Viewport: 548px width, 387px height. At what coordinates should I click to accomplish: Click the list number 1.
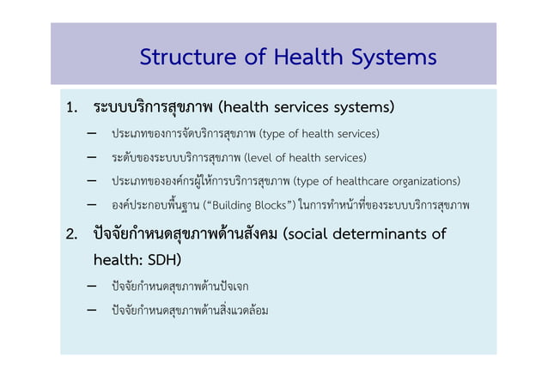pyautogui.click(x=72, y=108)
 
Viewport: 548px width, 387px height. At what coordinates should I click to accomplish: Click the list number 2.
pyautogui.click(x=73, y=234)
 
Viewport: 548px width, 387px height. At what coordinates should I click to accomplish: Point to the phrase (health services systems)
pyautogui.click(x=307, y=108)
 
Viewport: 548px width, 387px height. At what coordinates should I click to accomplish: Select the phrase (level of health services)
pyautogui.click(x=305, y=158)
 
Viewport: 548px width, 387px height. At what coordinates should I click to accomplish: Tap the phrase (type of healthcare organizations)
pyautogui.click(x=376, y=181)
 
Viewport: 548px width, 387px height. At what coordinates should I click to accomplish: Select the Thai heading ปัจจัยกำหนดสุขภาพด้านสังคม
pyautogui.click(x=185, y=234)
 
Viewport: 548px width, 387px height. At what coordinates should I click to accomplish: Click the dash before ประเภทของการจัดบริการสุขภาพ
pyautogui.click(x=91, y=134)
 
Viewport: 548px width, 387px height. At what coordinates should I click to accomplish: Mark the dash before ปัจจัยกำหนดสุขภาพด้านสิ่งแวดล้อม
pyautogui.click(x=91, y=310)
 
